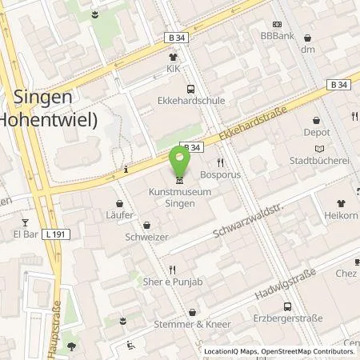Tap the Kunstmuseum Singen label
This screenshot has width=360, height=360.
tap(179, 198)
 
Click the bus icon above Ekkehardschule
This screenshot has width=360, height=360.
tap(190, 90)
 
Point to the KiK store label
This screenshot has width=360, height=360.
tap(172, 69)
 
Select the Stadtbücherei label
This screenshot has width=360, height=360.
tap(321, 160)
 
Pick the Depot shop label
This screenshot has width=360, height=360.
tap(317, 132)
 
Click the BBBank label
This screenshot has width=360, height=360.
tap(278, 36)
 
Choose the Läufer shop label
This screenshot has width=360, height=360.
tap(120, 216)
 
